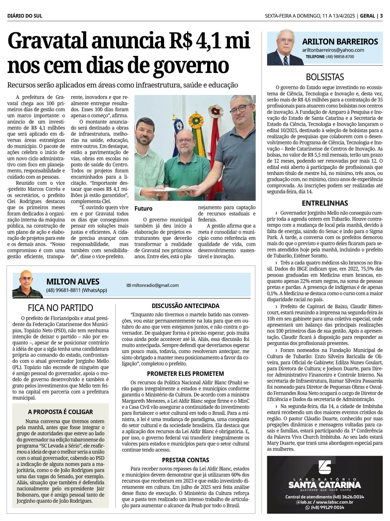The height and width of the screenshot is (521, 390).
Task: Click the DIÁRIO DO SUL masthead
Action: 25,16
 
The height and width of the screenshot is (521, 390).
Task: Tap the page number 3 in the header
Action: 381,16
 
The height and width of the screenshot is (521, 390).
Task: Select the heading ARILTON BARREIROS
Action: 340,41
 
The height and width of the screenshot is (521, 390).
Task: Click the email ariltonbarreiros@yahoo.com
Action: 333,50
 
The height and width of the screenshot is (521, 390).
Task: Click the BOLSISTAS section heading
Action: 324,77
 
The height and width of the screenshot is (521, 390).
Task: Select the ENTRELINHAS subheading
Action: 324,203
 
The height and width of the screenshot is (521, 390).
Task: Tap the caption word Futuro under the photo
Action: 144,209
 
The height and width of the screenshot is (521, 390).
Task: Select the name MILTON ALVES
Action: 73,282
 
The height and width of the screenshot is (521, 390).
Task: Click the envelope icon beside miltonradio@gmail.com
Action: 129,285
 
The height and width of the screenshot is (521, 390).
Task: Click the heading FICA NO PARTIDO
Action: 60,308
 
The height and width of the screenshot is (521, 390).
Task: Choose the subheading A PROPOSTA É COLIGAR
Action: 60,412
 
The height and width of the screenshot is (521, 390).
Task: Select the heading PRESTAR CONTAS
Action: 185,460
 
